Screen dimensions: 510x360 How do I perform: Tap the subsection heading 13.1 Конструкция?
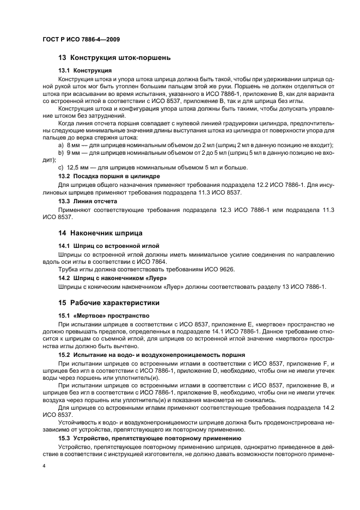85,70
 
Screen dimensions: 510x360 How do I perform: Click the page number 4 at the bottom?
44,466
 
